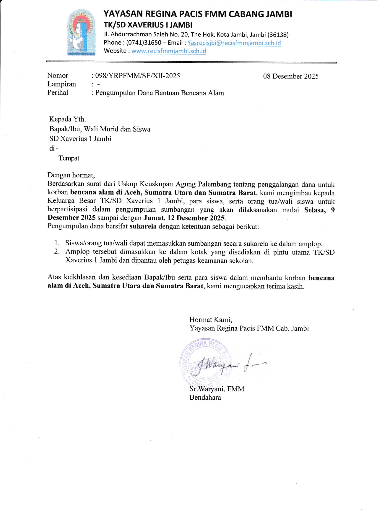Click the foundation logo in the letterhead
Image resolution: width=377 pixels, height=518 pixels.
click(81, 32)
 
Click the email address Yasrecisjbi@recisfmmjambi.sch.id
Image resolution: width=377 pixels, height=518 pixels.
click(234, 43)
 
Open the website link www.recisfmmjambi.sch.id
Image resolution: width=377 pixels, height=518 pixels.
click(169, 51)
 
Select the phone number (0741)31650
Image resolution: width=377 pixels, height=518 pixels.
click(144, 43)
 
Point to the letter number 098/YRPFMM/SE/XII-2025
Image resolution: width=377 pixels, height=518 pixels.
click(137, 76)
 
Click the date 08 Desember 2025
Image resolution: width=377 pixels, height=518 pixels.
click(291, 76)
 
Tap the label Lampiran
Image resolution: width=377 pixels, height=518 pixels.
click(61, 84)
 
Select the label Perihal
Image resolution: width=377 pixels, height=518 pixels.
click(58, 93)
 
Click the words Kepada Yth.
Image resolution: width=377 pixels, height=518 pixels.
click(67, 119)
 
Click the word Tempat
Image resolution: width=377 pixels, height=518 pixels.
click(69, 158)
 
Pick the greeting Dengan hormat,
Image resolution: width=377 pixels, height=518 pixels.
click(71, 175)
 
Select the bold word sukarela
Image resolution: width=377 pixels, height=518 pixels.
click(143, 227)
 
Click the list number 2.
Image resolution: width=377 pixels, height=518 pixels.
click(57, 252)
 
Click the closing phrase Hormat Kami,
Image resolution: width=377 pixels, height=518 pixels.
click(211, 320)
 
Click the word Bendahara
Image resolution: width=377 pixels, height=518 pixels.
click(205, 398)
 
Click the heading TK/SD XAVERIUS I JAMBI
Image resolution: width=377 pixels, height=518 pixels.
click(148, 25)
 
